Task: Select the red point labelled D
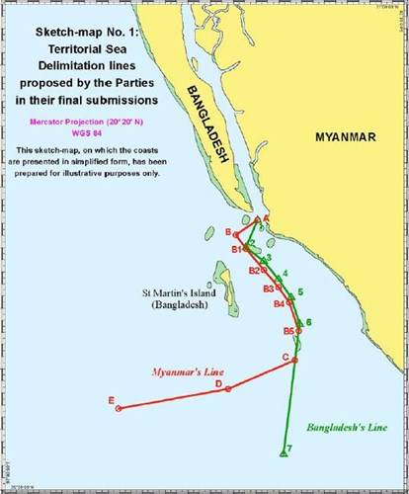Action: point(229,389)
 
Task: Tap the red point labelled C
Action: point(294,361)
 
